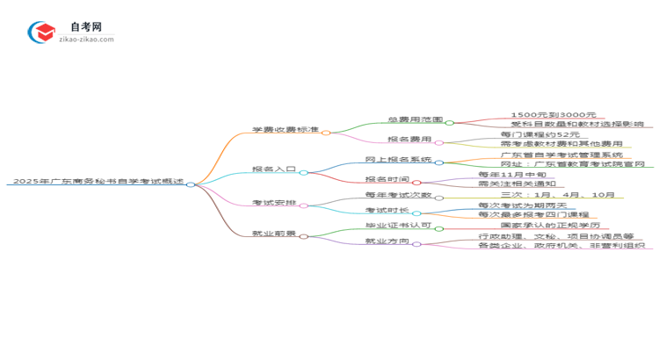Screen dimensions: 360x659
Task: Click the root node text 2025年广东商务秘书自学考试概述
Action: [97, 181]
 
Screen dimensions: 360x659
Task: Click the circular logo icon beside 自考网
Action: [41, 32]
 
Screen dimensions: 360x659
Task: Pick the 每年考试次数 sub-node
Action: [398, 194]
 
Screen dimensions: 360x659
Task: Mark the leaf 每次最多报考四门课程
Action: [533, 214]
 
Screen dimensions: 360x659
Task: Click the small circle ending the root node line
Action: [191, 184]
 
